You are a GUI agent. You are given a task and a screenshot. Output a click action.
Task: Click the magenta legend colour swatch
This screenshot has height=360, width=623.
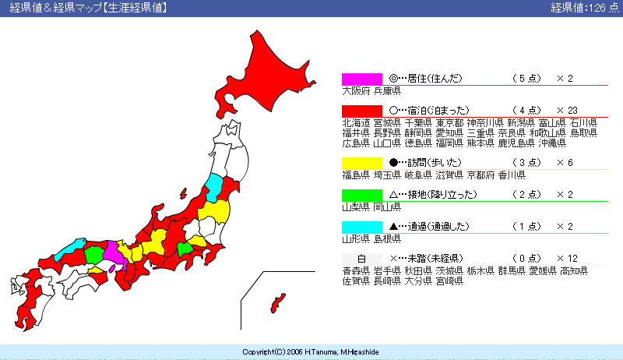[362, 79]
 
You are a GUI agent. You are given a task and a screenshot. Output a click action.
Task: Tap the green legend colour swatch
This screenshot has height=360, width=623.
[362, 195]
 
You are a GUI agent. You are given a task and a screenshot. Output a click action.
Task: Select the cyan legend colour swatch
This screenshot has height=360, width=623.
[362, 227]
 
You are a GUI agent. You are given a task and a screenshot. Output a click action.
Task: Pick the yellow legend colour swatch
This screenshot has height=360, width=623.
[362, 163]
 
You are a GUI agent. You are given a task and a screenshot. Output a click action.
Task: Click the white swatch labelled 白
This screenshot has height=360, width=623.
[362, 259]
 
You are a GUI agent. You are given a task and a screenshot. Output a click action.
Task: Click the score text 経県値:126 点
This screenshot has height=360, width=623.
[585, 8]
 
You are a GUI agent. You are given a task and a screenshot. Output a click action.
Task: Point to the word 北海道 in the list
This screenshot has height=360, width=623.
[356, 123]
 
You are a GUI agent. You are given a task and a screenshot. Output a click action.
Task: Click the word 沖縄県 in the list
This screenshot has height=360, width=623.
[552, 143]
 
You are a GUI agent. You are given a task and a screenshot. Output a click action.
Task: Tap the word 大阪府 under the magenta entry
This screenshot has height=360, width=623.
[356, 91]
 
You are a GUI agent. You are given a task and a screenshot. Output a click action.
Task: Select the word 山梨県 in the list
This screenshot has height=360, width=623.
[356, 207]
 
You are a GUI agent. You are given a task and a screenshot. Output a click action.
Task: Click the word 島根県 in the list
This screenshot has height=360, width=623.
[387, 238]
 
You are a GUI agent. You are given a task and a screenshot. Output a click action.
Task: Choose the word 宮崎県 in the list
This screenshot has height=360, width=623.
[449, 281]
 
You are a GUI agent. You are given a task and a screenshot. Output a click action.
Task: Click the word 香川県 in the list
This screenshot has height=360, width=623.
[512, 175]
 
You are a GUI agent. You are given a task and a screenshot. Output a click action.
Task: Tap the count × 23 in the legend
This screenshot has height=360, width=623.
[567, 111]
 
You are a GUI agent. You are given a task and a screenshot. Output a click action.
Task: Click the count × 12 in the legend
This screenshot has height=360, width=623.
[567, 259]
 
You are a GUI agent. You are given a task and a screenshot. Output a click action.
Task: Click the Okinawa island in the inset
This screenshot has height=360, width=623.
[277, 303]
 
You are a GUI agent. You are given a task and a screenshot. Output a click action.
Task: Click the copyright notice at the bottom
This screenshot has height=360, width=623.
[310, 352]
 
